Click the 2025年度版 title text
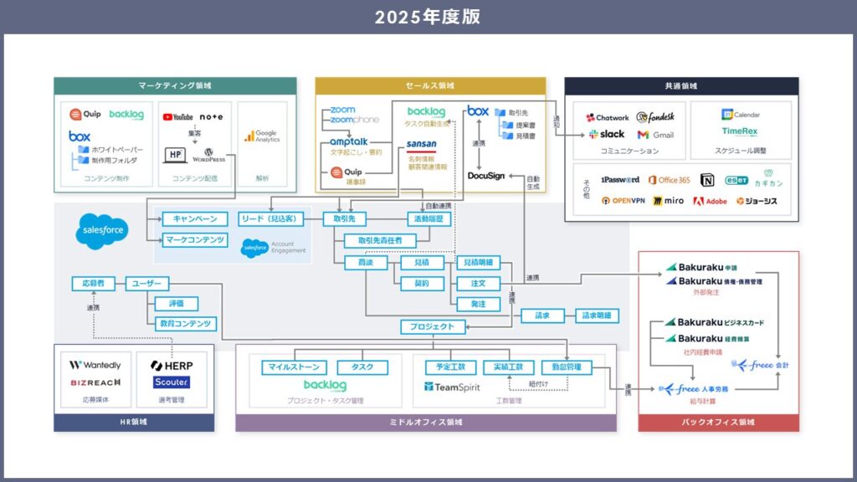click(428, 17)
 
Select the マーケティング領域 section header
click(175, 86)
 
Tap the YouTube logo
click(177, 117)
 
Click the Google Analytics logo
click(261, 136)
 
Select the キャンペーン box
click(194, 219)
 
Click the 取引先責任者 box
click(380, 241)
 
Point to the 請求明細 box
click(598, 316)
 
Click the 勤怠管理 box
click(567, 367)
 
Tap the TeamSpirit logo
click(451, 387)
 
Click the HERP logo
click(172, 366)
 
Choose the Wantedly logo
click(95, 366)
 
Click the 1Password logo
click(620, 180)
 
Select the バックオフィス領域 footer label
click(718, 422)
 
